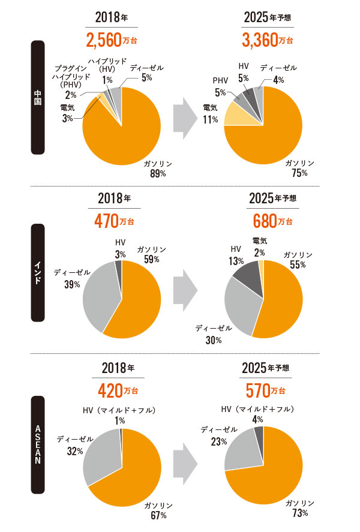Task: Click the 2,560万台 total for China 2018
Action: click(112, 40)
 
